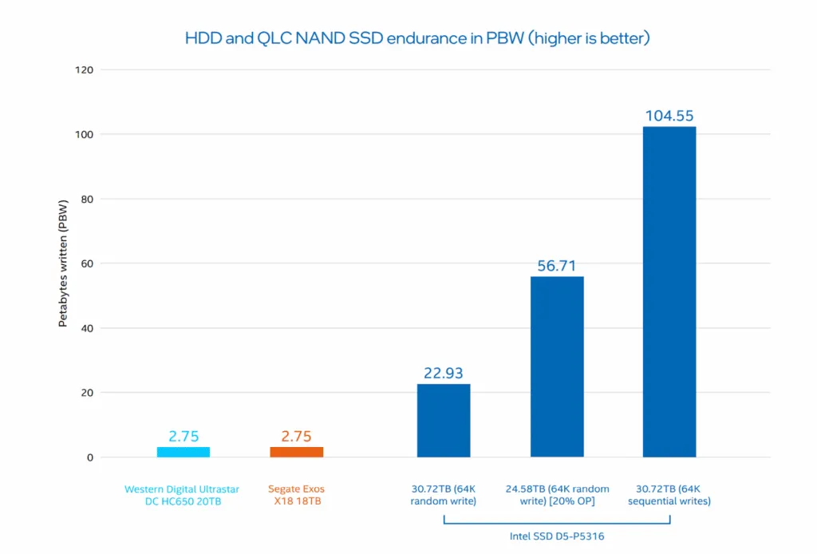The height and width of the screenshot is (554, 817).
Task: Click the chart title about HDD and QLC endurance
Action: (417, 38)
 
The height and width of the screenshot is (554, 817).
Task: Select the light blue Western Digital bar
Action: (184, 452)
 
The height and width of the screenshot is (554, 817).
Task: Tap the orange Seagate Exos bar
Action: (297, 452)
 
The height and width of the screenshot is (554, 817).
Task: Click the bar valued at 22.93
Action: (444, 421)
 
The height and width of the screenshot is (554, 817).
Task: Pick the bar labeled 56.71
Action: (557, 366)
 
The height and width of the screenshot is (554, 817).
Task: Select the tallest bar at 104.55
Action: (669, 291)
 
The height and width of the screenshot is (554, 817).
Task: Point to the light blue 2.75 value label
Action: (184, 437)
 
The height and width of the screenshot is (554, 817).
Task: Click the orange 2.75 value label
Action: (297, 437)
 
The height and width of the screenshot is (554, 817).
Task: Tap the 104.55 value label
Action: (669, 116)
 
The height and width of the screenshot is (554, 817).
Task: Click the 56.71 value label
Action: (557, 266)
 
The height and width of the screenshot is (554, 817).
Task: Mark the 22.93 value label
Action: (444, 374)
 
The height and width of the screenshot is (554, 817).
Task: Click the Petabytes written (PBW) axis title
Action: (62, 263)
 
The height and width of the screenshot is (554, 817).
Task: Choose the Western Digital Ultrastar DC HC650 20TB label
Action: (184, 495)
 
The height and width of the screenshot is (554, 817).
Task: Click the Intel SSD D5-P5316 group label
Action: (557, 536)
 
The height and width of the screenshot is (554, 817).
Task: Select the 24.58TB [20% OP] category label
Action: (557, 495)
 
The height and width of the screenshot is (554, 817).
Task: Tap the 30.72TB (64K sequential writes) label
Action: (669, 495)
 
